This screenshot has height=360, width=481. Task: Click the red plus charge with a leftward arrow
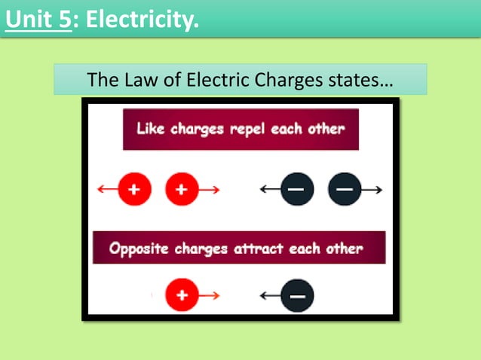[134, 190]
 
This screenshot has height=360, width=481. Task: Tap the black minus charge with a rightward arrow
[344, 190]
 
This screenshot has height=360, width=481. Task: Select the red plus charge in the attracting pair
[181, 296]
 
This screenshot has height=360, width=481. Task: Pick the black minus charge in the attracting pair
[296, 296]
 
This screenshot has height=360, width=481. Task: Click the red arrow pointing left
[107, 190]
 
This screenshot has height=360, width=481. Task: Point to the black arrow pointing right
[371, 190]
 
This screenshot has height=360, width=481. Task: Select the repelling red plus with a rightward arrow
[181, 190]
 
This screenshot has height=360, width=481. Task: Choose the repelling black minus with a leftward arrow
[296, 190]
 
